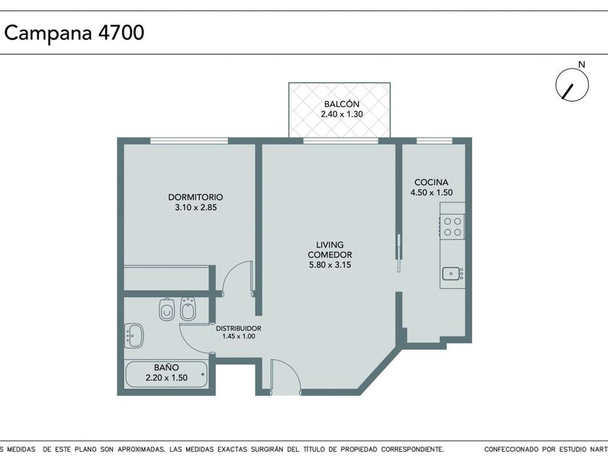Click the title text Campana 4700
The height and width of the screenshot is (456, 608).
click(74, 33)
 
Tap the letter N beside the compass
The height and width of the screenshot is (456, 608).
click(581, 64)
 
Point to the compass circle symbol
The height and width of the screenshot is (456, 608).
click(572, 85)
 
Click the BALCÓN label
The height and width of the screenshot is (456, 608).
click(342, 104)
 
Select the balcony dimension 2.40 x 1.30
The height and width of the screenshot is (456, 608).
click(342, 114)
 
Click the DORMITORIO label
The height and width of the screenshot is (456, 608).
click(195, 197)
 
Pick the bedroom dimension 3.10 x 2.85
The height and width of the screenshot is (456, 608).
click(195, 208)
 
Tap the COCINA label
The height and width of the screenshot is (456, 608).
click(431, 182)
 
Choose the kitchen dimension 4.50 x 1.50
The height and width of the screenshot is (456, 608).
click(431, 193)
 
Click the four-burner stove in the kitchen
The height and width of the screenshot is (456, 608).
click(452, 227)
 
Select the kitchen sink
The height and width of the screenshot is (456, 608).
click(452, 274)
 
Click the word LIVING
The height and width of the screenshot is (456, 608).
click(329, 245)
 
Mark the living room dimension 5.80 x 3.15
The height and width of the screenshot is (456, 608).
click(329, 265)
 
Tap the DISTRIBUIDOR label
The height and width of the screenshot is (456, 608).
click(238, 329)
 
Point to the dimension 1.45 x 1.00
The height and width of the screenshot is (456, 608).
click(238, 337)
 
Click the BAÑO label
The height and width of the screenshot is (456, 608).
click(166, 367)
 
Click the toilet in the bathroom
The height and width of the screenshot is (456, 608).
click(166, 309)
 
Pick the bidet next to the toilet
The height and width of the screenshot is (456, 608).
click(188, 309)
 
